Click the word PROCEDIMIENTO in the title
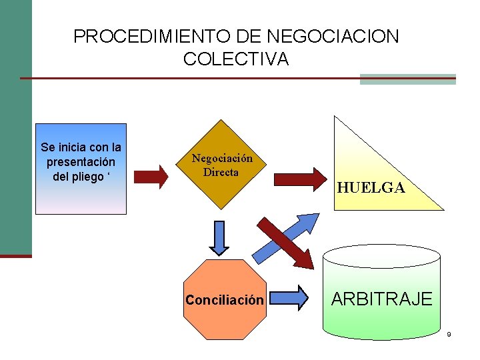[x=131, y=36]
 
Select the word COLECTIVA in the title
[x=236, y=59]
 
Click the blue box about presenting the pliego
[x=81, y=193]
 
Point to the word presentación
[x=81, y=162]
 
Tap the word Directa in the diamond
[x=221, y=171]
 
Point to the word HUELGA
[x=371, y=188]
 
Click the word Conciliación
[x=225, y=300]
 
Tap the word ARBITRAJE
[x=381, y=299]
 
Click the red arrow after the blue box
[x=155, y=176]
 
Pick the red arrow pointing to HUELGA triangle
[x=299, y=179]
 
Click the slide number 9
[x=449, y=334]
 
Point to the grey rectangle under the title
[x=407, y=79]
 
